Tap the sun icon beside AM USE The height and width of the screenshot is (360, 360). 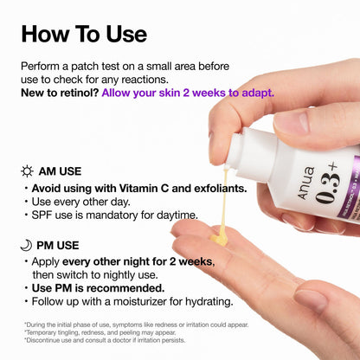[x=27, y=170]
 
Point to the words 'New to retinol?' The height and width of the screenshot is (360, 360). [x=59, y=93]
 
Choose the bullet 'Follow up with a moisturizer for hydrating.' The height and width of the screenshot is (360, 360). [x=132, y=302]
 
